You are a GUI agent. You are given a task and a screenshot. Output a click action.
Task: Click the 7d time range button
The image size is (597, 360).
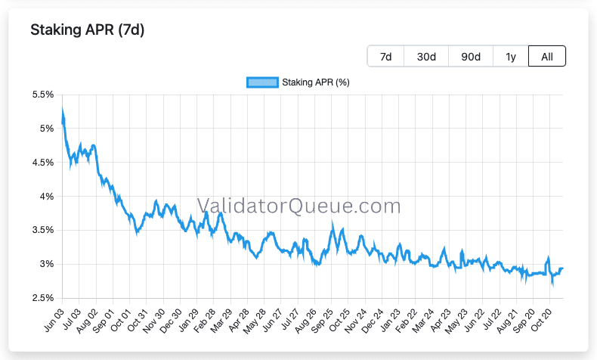pyautogui.click(x=385, y=57)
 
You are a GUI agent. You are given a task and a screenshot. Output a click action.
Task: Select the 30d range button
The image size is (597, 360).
pyautogui.click(x=426, y=57)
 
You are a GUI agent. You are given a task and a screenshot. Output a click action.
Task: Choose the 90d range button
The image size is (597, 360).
pyautogui.click(x=471, y=57)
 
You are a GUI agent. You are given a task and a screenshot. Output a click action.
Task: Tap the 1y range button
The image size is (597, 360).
pyautogui.click(x=511, y=57)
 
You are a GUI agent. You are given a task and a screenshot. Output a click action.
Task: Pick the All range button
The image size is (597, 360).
pyautogui.click(x=546, y=57)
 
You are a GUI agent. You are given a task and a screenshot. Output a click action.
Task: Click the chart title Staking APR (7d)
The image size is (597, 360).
pyautogui.click(x=87, y=29)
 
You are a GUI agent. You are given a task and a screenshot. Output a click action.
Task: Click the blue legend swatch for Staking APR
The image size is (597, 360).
pyautogui.click(x=262, y=82)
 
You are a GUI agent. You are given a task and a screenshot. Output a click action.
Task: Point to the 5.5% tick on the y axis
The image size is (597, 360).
pyautogui.click(x=43, y=95)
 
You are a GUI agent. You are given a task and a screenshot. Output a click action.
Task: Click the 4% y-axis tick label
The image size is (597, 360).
pyautogui.click(x=46, y=197)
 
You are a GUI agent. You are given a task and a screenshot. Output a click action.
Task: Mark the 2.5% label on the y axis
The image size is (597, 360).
pyautogui.click(x=43, y=298)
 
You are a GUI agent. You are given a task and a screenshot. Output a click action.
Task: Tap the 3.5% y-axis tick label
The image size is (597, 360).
pyautogui.click(x=43, y=230)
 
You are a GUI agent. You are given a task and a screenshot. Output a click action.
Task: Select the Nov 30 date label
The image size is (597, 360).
pyautogui.click(x=154, y=321)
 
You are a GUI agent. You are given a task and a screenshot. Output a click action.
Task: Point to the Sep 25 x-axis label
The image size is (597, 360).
pyautogui.click(x=322, y=321)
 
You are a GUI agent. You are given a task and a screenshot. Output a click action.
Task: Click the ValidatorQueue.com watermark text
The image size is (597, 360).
pyautogui.click(x=299, y=206)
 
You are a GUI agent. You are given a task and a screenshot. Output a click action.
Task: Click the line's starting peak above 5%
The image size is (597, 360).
pyautogui.click(x=63, y=110)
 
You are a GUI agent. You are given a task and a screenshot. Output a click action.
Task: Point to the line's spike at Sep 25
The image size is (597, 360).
pyautogui.click(x=333, y=222)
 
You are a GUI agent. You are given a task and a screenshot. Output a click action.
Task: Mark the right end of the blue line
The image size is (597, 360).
pyautogui.click(x=563, y=268)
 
